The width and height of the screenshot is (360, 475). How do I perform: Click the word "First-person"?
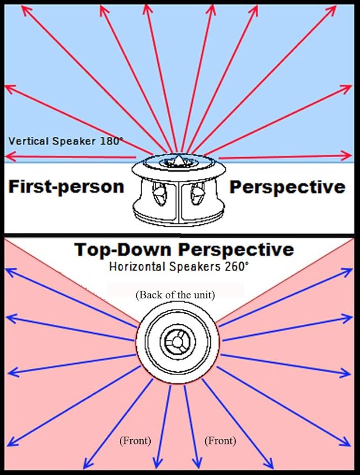[x=66, y=186]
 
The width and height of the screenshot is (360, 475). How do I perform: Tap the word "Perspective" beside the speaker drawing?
[x=287, y=187]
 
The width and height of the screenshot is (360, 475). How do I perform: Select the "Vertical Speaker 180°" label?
[x=63, y=141]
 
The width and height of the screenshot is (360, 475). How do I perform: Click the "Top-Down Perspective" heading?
[x=184, y=250]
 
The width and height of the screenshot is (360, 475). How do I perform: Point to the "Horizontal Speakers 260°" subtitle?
[x=179, y=267]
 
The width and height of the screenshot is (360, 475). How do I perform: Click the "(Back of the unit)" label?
[x=176, y=295]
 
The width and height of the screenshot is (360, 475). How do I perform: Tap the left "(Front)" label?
[x=135, y=440]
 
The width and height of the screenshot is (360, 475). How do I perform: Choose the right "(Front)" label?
[x=221, y=440]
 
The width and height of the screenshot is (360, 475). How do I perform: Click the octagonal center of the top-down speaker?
[x=177, y=342]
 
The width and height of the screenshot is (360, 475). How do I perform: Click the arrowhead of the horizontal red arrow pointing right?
[x=346, y=156]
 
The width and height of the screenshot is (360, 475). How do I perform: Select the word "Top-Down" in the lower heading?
[x=122, y=249]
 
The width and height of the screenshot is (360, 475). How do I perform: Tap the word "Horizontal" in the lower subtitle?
[x=138, y=267]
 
